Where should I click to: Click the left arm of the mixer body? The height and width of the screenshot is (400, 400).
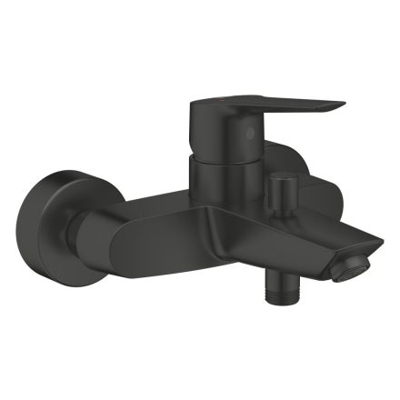pyautogui.click(x=145, y=218)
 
